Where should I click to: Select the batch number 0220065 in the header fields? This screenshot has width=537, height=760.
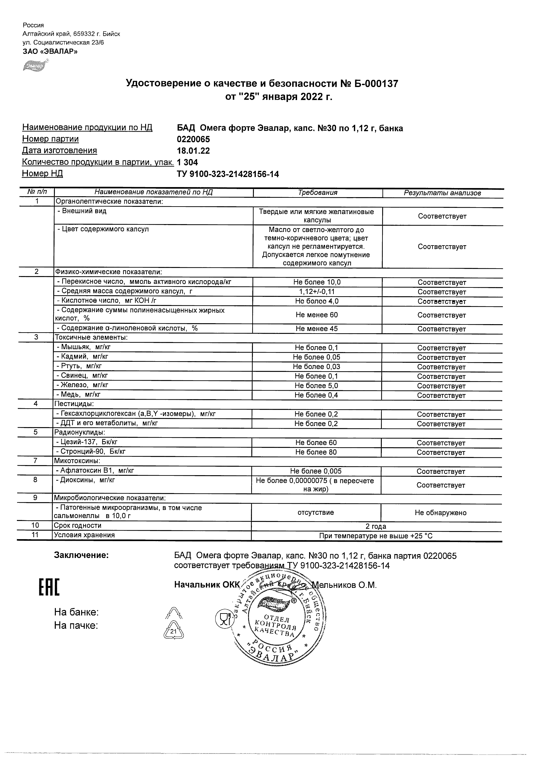coord(193,139)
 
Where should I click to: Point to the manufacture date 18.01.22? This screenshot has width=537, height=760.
coord(193,151)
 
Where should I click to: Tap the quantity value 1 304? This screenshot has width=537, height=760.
coord(187,162)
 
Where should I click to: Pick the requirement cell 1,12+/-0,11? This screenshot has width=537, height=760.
coord(317,292)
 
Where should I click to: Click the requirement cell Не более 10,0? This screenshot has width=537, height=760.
coord(317,282)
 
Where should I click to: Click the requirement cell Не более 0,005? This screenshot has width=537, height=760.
coord(316,471)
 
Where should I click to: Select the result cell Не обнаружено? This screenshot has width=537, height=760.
coord(440,513)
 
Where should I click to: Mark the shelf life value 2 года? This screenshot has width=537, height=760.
coord(376,526)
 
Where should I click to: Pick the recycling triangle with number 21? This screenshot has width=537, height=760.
coord(174,631)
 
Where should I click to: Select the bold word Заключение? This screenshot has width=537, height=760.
coord(81,555)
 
